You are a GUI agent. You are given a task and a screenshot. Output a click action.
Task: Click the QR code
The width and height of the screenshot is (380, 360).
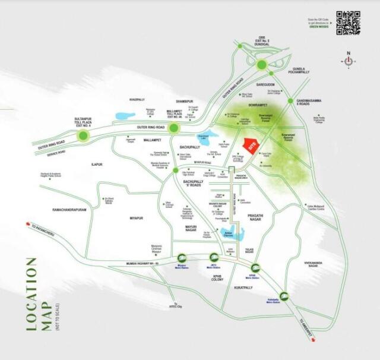pos(349,23)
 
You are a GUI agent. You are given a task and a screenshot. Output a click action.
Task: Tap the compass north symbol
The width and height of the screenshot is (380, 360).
pos(348,61)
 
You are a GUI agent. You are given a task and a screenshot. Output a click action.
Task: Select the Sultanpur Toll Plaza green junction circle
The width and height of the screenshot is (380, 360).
pos(83,136)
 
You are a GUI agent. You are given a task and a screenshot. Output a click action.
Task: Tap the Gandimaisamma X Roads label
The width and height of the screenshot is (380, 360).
pos(308,102)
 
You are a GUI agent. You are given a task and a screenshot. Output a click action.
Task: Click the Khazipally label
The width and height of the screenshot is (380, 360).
pos(137,100)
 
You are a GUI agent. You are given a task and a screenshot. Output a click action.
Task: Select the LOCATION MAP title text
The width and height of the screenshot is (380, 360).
pos(32,300)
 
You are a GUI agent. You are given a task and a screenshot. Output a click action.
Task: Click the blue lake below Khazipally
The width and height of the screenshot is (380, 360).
pos(125,116)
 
